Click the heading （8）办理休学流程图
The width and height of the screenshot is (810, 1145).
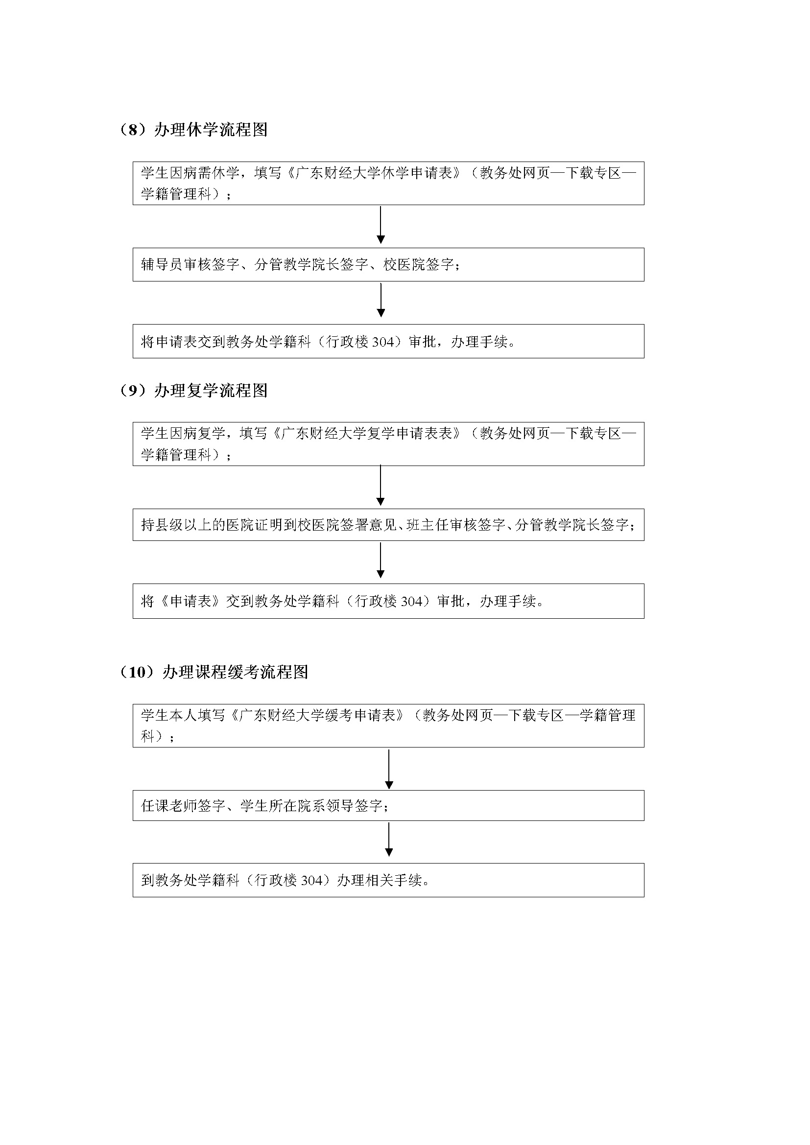tap(193, 130)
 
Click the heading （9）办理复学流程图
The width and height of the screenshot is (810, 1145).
tap(193, 391)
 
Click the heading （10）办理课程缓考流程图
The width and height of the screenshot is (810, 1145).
tap(214, 672)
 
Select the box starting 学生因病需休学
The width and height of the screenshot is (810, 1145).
tap(388, 183)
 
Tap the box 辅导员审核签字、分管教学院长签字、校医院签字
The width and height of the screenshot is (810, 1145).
tap(388, 264)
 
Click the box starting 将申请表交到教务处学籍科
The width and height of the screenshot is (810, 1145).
tap(388, 341)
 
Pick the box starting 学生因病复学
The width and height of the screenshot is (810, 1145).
tap(388, 444)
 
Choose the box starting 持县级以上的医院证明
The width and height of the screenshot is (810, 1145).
tap(388, 525)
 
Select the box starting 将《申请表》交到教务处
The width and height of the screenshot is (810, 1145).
tap(388, 601)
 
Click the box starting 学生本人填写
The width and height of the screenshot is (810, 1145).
tap(388, 725)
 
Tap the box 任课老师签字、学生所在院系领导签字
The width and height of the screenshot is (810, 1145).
tap(388, 805)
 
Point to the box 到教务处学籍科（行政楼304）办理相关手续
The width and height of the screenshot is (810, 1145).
tap(388, 880)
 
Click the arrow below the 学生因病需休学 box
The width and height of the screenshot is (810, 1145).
tap(381, 225)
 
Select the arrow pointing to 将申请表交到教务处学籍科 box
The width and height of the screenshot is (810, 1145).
tap(381, 300)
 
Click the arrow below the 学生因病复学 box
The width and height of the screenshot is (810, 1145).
tap(381, 486)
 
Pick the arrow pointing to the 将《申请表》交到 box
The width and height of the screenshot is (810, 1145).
tap(381, 560)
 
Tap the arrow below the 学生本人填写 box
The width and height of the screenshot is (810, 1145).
tap(389, 769)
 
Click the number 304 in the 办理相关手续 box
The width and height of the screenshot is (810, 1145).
tap(312, 881)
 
